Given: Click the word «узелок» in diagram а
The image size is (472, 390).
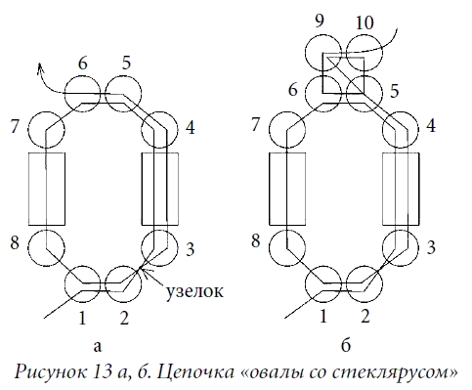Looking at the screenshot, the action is click(x=194, y=291).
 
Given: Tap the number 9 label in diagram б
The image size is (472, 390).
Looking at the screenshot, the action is click(x=320, y=21).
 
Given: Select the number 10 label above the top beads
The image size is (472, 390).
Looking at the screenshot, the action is click(x=365, y=22).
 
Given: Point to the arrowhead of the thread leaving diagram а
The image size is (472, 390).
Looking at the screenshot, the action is click(x=40, y=67).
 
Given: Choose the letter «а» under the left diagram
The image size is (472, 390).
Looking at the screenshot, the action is click(x=98, y=347).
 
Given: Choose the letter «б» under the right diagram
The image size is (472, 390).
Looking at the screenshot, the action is click(x=346, y=344).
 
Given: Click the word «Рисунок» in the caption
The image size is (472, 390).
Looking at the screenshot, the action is click(x=51, y=371).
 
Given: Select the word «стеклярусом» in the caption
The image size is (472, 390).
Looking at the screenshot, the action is click(x=388, y=372).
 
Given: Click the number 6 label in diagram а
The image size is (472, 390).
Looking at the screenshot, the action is click(x=83, y=63).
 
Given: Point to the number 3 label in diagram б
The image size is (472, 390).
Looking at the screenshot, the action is click(x=430, y=247).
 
